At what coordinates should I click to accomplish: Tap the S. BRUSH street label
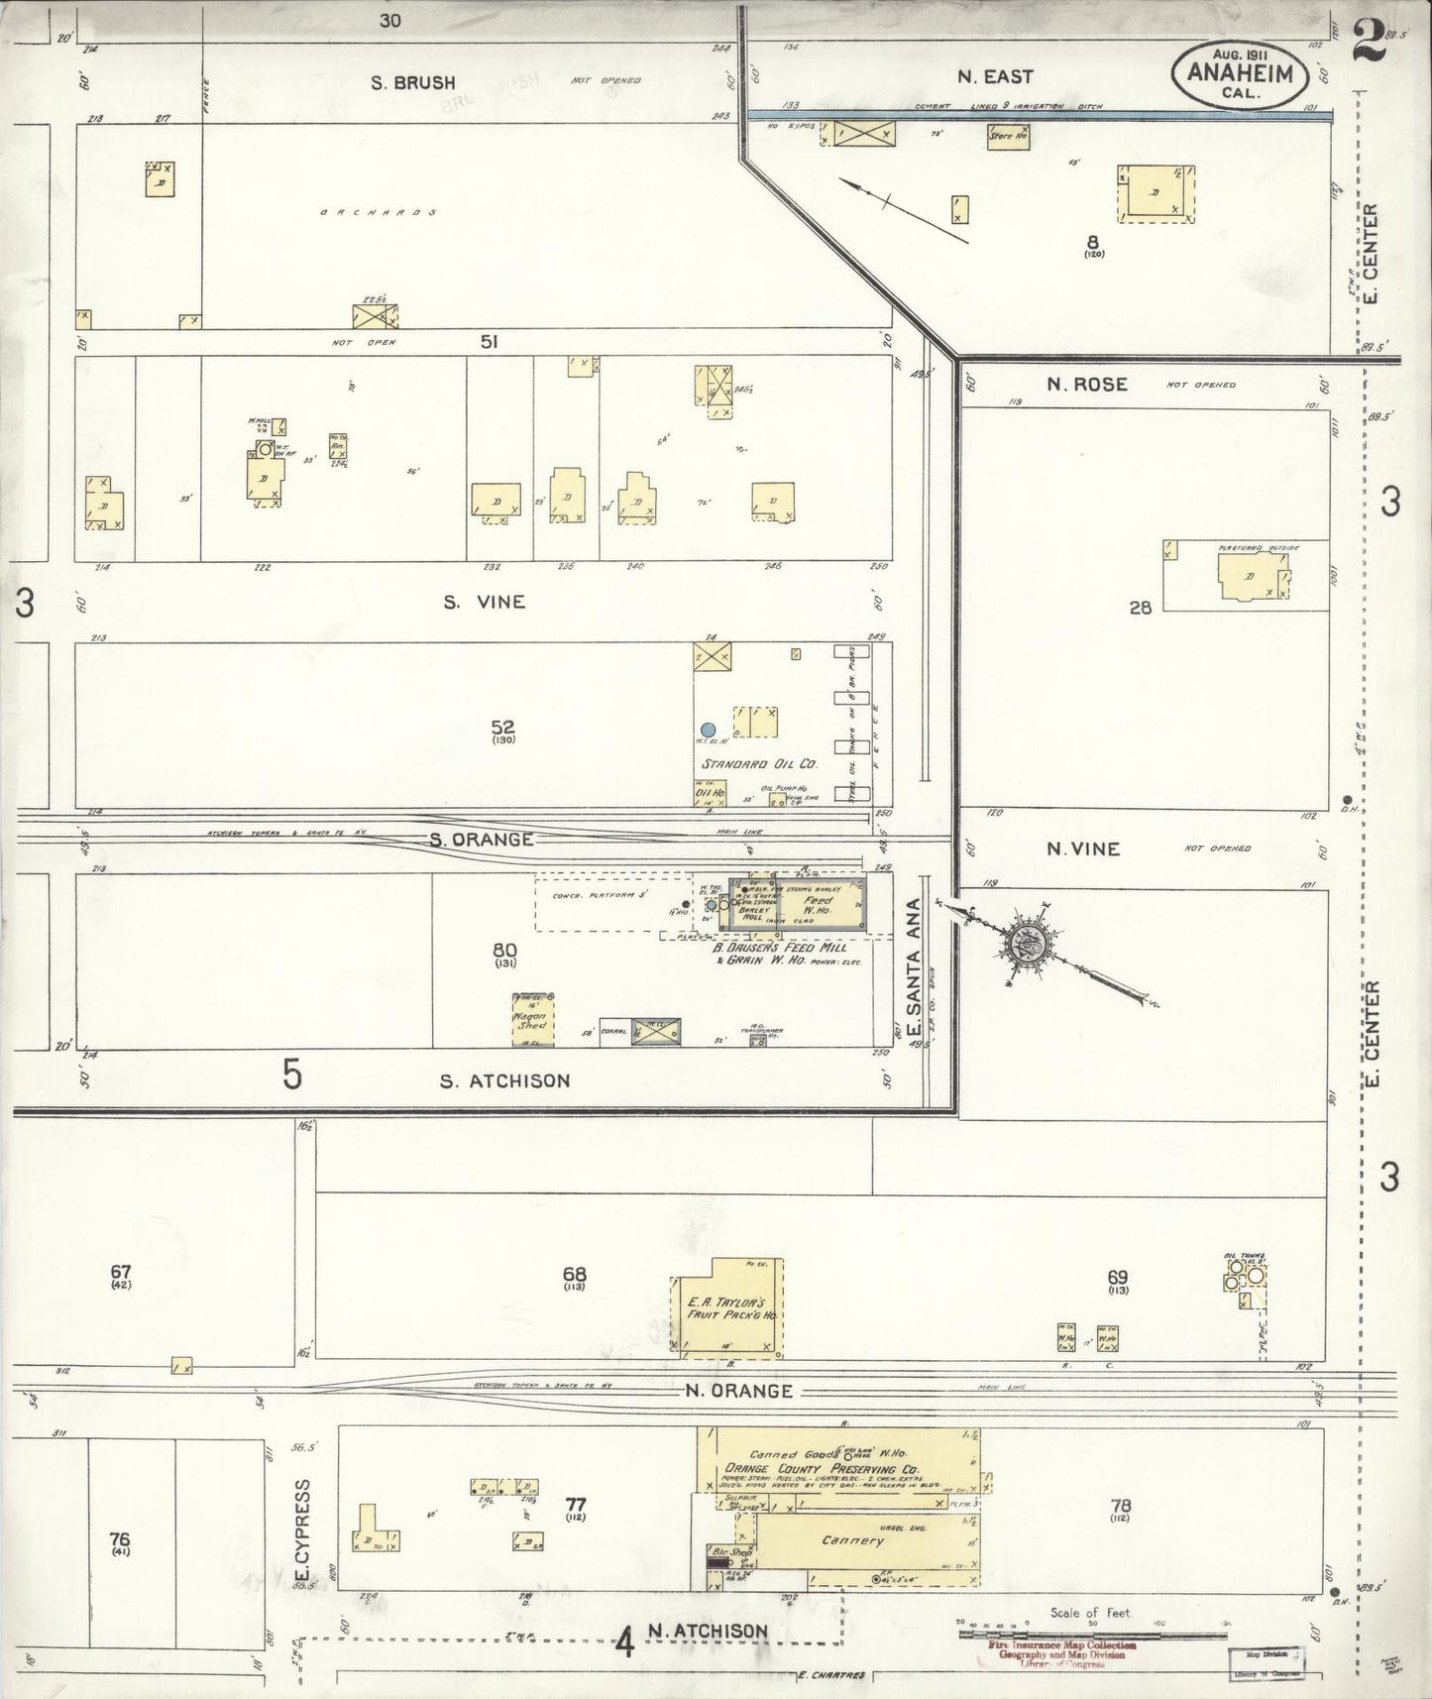(x=412, y=83)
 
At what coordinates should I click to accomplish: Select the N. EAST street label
(x=995, y=76)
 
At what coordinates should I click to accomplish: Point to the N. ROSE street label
(x=1086, y=385)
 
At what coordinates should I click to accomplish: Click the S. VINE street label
(x=485, y=602)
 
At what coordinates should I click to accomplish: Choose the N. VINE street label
(x=1083, y=849)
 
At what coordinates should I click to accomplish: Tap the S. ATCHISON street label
(x=504, y=1080)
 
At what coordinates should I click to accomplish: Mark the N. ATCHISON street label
(x=708, y=1631)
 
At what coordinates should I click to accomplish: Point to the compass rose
(x=1031, y=946)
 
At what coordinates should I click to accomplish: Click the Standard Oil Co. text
(x=758, y=764)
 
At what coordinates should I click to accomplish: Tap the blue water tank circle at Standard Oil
(x=708, y=729)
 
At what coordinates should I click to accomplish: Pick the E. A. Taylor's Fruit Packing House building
(x=731, y=1308)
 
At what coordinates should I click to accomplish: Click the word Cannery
(x=852, y=1540)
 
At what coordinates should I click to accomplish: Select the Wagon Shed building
(x=532, y=1019)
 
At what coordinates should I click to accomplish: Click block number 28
(x=1140, y=608)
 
